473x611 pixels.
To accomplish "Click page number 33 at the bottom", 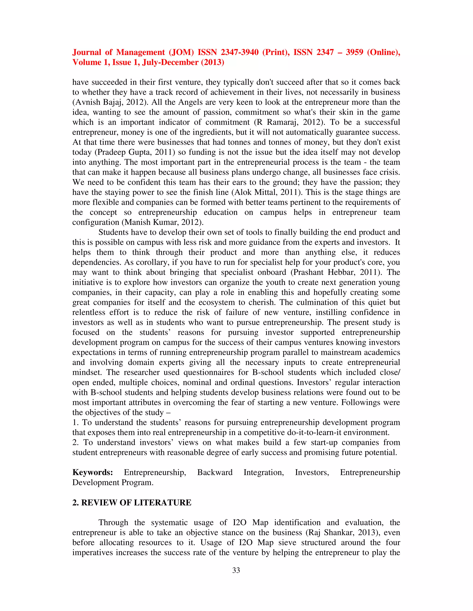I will coord(236,570).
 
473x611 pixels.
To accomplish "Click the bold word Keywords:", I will coord(92,472).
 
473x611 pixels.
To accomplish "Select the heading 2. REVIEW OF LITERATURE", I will coord(132,502).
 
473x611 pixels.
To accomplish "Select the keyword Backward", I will coord(215,472).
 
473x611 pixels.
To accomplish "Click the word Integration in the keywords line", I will coord(263,472).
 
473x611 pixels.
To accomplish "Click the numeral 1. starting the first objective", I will coord(76,422).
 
